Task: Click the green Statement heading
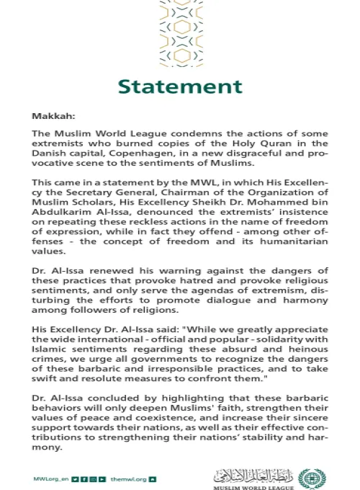pos(180,86)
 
